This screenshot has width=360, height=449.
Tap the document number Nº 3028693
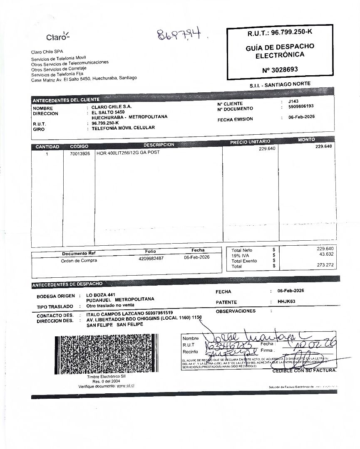[280, 69]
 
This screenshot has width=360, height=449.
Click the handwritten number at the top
[179, 35]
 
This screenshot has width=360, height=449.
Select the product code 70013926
[80, 153]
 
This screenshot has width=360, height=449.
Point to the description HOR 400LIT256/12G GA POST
[128, 153]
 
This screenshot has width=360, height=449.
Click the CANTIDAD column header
[47, 147]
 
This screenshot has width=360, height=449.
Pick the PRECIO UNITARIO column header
[250, 142]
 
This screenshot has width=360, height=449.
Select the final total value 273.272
[325, 265]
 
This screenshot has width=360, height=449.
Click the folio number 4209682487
[151, 258]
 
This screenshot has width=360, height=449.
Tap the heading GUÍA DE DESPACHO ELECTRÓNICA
[280, 50]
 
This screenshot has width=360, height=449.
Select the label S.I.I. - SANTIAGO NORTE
[280, 84]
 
